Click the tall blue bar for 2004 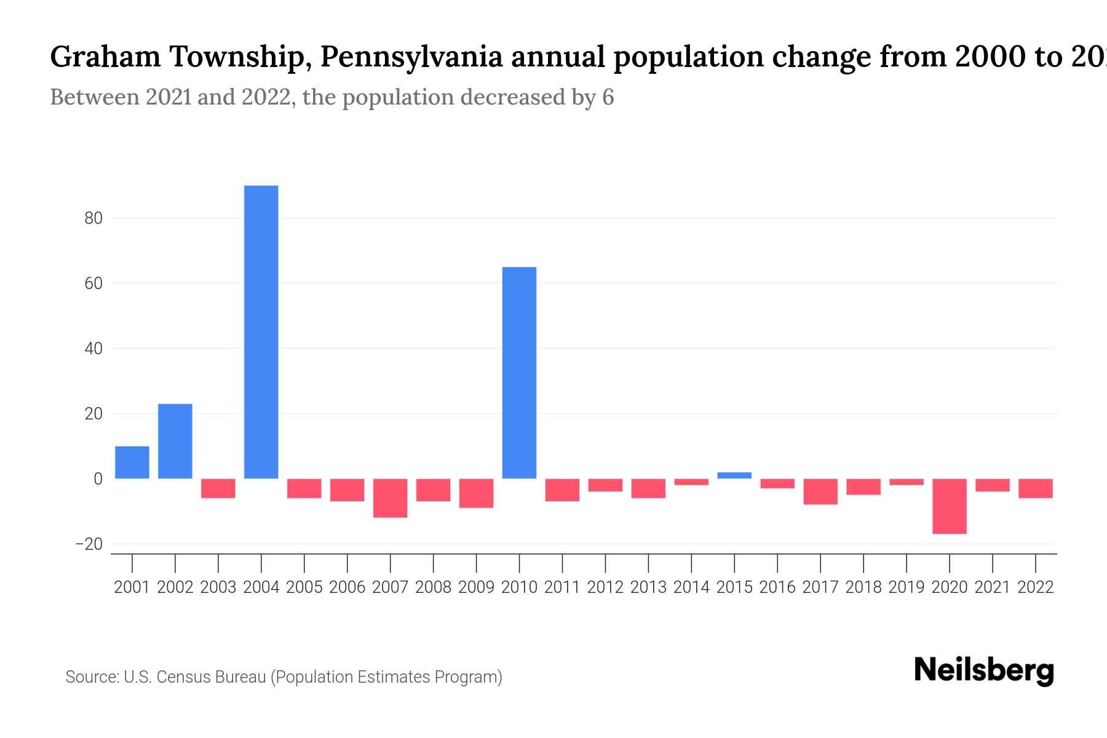261,332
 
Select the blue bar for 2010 519,373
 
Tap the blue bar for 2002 175,441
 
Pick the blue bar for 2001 132,462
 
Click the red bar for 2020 950,506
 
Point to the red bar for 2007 390,498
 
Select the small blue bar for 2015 734,475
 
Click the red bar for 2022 1036,488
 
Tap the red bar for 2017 820,491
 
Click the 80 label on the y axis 93,218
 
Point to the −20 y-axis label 89,544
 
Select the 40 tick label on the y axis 93,349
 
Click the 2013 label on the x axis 648,587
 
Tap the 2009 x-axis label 476,587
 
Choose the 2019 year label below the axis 907,587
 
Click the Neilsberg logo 984,670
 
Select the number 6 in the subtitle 608,98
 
